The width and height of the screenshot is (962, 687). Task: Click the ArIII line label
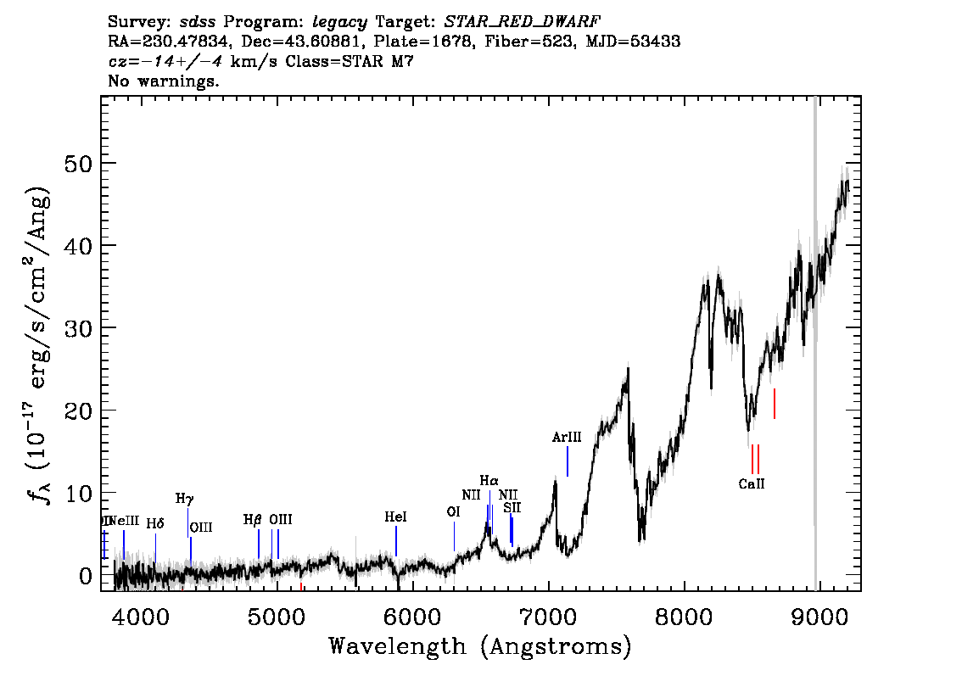pos(567,438)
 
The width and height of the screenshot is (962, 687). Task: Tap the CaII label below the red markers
pos(752,484)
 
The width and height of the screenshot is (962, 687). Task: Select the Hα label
pos(489,481)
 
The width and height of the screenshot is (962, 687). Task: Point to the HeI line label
pos(395,517)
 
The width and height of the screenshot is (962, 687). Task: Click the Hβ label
pos(253,519)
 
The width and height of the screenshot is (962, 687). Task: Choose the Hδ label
pos(154,524)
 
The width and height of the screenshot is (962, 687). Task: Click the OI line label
pos(453,511)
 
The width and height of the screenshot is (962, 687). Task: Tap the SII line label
pos(512,507)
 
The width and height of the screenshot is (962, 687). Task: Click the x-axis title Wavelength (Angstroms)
pos(480,646)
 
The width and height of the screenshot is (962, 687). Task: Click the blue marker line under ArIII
pos(567,461)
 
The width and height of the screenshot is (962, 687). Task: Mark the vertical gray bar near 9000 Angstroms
pos(815,339)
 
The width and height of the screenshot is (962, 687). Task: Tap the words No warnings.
pos(164,81)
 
